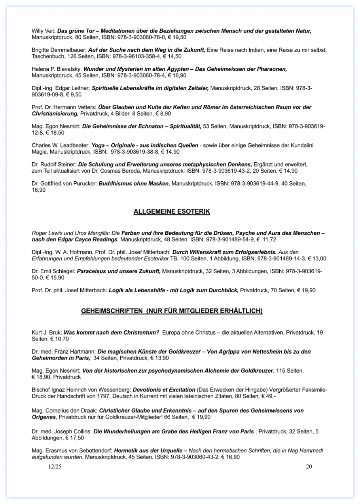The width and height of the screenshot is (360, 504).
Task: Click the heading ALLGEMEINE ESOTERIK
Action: pos(172,212)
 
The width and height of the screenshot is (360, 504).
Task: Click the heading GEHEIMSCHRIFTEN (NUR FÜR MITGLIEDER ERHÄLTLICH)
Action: pos(172,311)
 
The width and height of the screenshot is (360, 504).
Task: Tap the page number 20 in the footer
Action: pos(309,467)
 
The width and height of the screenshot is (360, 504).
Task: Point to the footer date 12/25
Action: pos(55,467)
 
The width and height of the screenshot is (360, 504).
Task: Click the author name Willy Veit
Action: pos(44,31)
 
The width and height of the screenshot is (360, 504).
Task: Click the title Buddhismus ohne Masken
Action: pos(134,184)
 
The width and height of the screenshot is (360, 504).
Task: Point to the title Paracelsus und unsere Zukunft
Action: pos(118,271)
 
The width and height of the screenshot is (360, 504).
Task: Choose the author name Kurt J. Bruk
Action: pos(46,333)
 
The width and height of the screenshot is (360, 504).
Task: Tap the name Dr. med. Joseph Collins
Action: pos(61,432)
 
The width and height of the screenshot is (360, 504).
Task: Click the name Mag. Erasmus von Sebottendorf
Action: pos(72,451)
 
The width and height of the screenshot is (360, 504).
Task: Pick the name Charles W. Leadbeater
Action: pos(61,145)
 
